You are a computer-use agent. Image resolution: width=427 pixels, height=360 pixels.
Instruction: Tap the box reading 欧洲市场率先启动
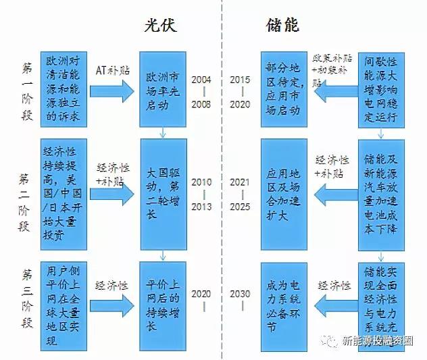coord(161,88)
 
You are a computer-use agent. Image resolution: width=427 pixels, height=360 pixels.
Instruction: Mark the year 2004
coord(201,79)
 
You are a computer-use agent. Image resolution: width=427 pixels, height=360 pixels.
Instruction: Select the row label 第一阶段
coord(26,88)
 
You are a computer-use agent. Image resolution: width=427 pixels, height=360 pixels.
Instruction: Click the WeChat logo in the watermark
coord(330,341)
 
